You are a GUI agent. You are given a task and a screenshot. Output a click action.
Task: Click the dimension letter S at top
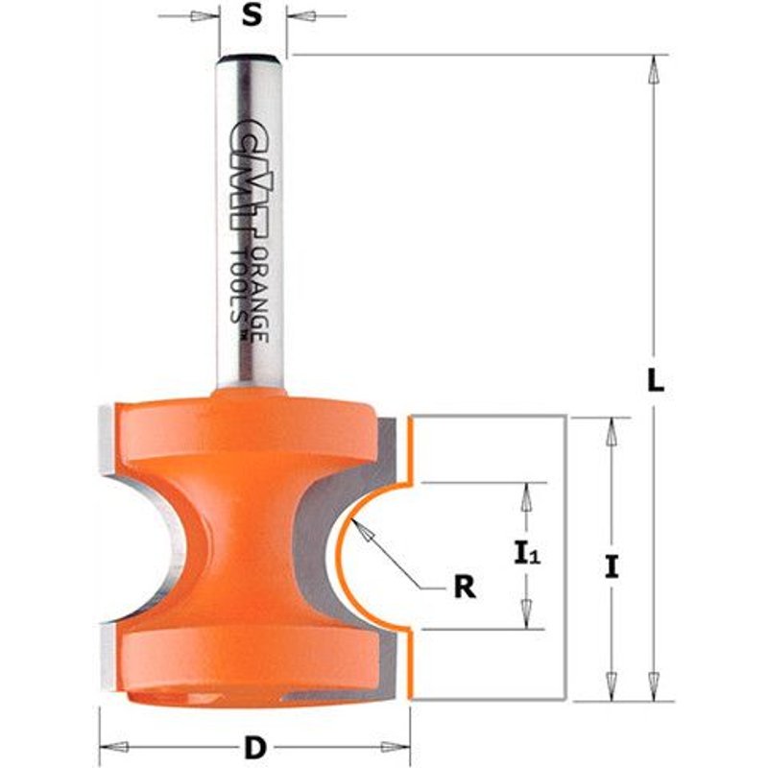pos(252,16)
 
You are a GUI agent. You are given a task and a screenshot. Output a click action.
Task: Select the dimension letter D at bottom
pos(254,746)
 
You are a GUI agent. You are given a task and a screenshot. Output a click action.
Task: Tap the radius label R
pos(465,587)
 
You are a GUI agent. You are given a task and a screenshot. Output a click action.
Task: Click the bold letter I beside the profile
pos(612,566)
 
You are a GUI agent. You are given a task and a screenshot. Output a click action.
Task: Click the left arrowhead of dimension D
pos(113,746)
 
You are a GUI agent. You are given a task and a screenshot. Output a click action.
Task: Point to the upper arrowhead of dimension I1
pos(525,495)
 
